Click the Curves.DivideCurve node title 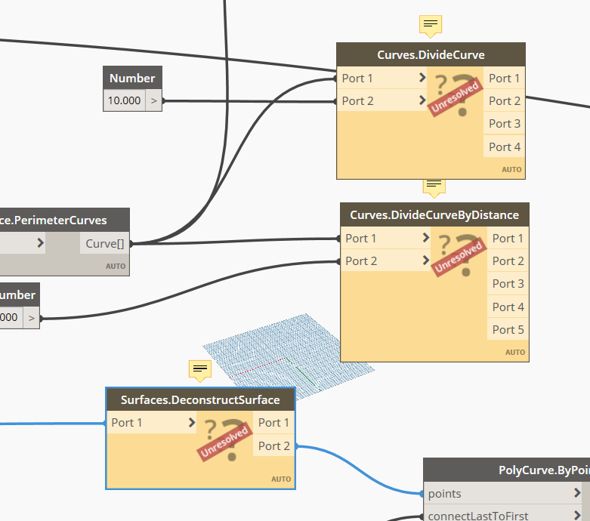pos(431,55)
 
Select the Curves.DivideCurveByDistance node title pos(434,215)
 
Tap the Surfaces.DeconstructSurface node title pos(200,400)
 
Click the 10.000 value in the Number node pos(124,100)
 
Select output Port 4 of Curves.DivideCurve pos(504,146)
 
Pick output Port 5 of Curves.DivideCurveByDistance pos(508,329)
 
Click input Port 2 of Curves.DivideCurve pos(358,100)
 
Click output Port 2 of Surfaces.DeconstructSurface pos(273,445)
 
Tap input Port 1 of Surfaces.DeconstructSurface pos(127,423)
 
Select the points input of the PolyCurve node pos(445,494)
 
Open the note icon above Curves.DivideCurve pos(431,25)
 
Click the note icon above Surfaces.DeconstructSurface pos(199,369)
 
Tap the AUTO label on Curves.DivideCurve pos(511,170)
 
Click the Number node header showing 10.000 pos(132,78)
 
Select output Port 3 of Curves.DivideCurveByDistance pos(508,284)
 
